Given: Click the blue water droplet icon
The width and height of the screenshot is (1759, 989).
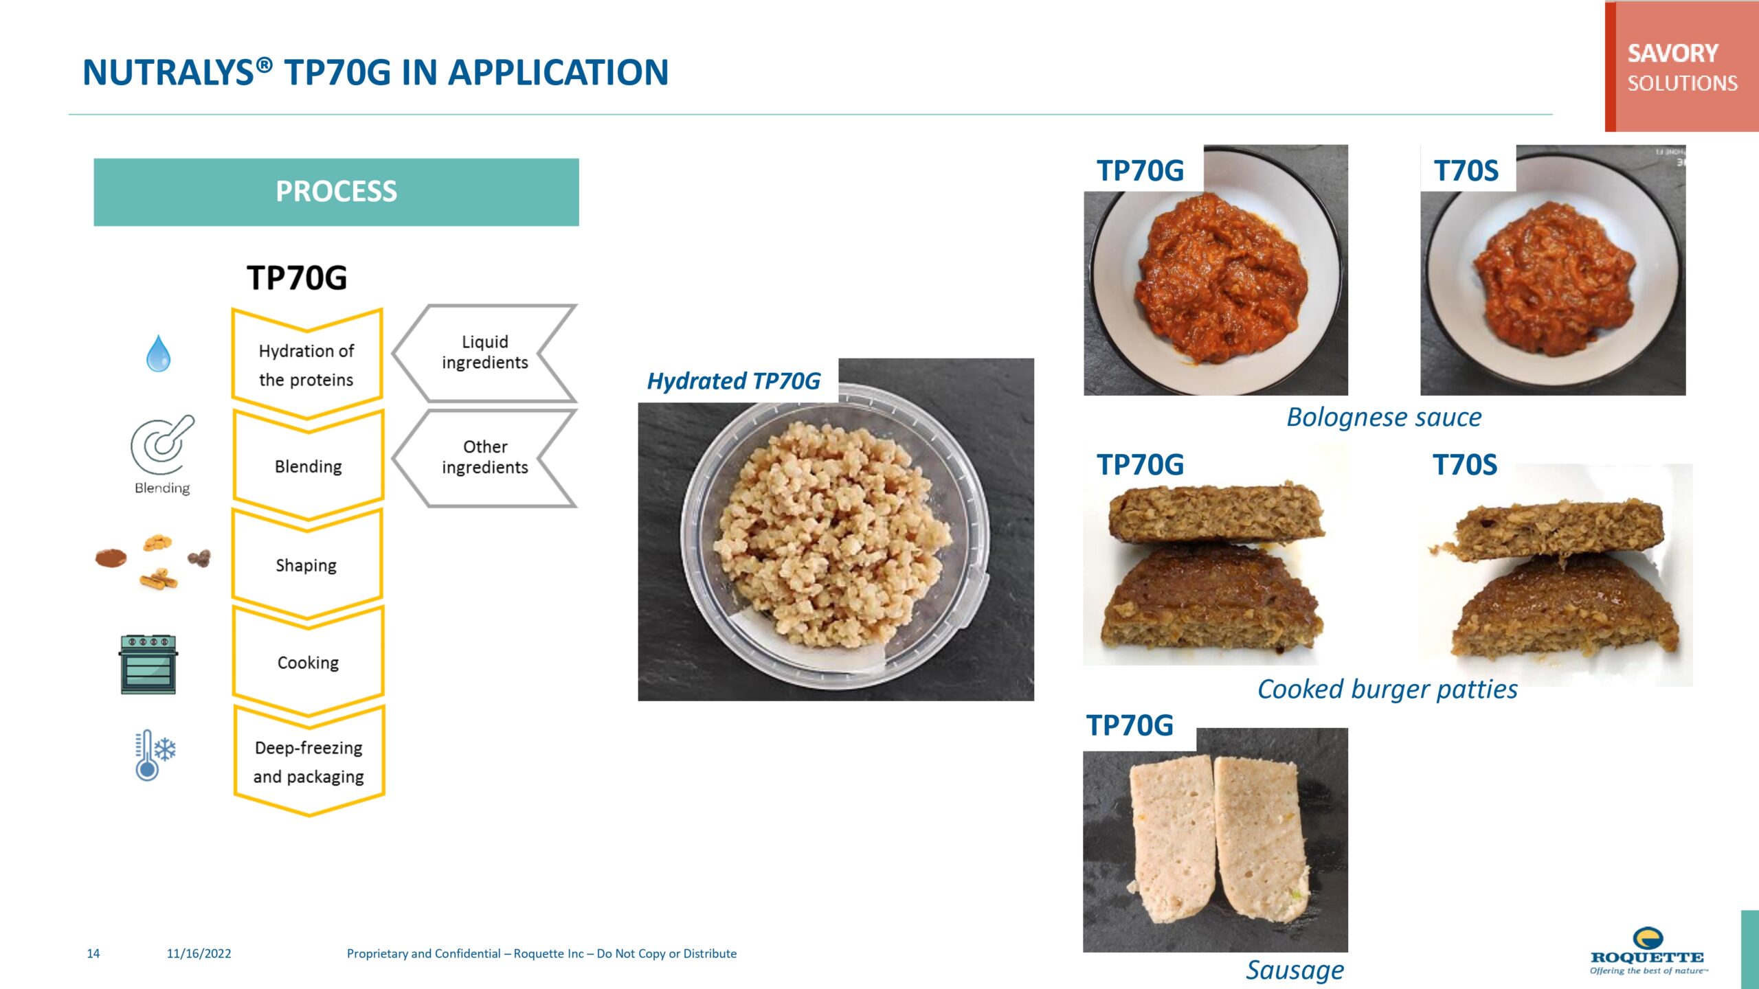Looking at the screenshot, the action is pos(159,354).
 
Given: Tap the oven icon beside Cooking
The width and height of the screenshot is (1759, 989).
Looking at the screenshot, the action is pos(148,664).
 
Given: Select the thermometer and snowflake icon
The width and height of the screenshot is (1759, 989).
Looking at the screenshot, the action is pos(155,755).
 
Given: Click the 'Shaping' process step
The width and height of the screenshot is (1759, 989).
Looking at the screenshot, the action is pos(307,565).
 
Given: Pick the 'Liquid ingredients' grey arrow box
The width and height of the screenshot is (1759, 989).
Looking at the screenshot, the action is pos(484,353).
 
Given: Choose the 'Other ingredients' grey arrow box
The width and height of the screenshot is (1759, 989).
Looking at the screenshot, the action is pos(484,458).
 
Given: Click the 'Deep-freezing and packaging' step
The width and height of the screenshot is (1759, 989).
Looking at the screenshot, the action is pos(309,761).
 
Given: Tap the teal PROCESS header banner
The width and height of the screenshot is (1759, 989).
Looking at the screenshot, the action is pos(336,192).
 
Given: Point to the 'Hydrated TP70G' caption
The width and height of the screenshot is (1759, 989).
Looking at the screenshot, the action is pos(734,381).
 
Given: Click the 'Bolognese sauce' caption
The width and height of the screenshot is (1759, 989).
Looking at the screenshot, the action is pos(1384,418).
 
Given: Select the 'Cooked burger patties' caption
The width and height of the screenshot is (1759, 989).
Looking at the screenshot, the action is pos(1387,689).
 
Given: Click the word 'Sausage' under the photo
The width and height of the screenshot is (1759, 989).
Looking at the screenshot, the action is pos(1295,970).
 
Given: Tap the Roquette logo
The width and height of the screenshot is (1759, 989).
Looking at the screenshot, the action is pos(1648,951).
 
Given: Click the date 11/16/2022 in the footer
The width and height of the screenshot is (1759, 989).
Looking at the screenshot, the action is pos(199,953).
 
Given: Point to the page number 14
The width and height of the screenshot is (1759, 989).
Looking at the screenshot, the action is pos(93,953).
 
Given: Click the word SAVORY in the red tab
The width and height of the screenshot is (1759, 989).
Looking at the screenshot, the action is pos(1673,53).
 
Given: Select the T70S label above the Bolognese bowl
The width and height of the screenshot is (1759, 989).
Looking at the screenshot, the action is pos(1466,170).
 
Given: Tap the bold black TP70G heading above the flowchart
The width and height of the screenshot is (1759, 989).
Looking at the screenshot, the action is pos(297,278).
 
